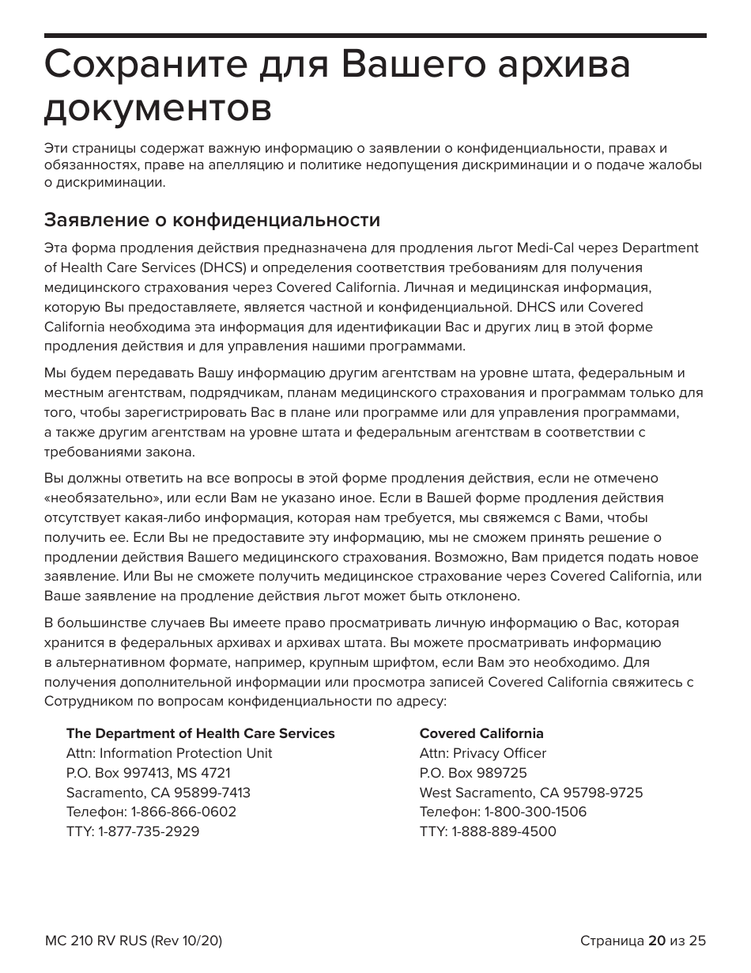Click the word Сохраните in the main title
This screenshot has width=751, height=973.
(x=138, y=65)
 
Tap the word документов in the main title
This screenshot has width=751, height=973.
(x=157, y=108)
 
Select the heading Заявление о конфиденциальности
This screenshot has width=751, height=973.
(x=212, y=219)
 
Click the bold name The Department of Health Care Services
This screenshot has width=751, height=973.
(x=200, y=733)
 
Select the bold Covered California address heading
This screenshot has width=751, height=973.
(x=481, y=733)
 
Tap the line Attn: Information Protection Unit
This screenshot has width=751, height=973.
(x=169, y=753)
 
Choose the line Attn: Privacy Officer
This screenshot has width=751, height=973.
(x=482, y=753)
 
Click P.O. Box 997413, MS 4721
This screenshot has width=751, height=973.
(x=148, y=773)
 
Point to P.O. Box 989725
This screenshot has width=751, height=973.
(x=473, y=773)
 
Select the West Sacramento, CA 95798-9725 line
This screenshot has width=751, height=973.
(x=530, y=793)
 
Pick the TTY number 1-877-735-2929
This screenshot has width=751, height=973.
(x=149, y=831)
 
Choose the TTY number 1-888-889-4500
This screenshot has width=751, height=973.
(x=504, y=831)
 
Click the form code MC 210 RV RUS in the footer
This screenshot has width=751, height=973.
(x=95, y=941)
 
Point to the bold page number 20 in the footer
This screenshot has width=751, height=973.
(x=656, y=941)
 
